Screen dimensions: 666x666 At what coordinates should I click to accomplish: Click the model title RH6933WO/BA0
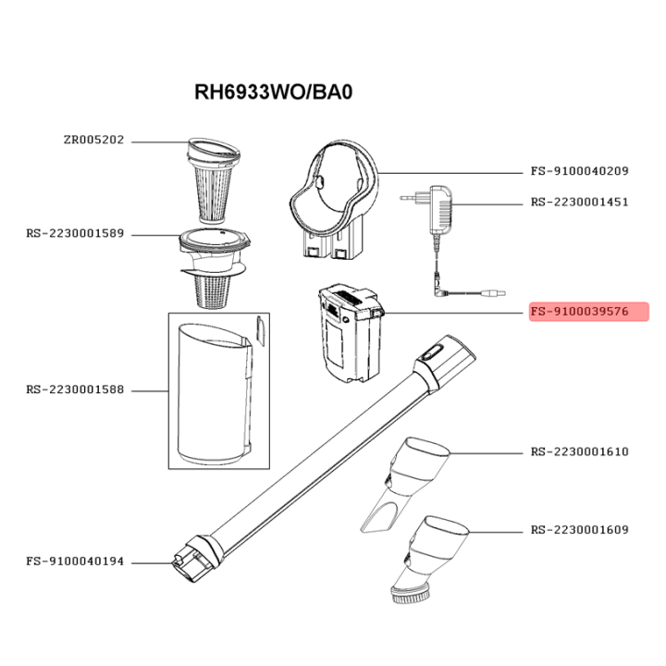pos(273,92)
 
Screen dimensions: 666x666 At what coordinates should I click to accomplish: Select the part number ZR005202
pos(93,141)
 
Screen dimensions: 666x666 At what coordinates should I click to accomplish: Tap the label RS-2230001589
pos(75,234)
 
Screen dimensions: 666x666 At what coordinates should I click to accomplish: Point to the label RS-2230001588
pos(75,390)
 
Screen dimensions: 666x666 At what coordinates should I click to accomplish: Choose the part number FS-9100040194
pos(75,561)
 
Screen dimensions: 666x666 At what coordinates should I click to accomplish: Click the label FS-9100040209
pos(579,171)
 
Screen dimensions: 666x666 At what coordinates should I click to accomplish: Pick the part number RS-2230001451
pos(579,203)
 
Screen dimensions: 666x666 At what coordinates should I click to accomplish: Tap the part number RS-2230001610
pos(579,452)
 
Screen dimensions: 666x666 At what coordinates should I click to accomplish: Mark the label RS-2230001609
pos(579,530)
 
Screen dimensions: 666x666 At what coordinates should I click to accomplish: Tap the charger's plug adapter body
pos(441,209)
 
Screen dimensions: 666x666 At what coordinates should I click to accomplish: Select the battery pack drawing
pos(351,333)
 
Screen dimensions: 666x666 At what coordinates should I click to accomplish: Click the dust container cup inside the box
pos(216,394)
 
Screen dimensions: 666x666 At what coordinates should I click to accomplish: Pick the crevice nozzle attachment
pos(405,484)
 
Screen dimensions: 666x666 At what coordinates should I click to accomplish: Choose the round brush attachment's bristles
pos(410,596)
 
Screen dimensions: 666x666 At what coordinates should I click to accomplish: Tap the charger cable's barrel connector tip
pos(494,293)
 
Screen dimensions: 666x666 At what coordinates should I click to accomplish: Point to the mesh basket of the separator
pos(213,291)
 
